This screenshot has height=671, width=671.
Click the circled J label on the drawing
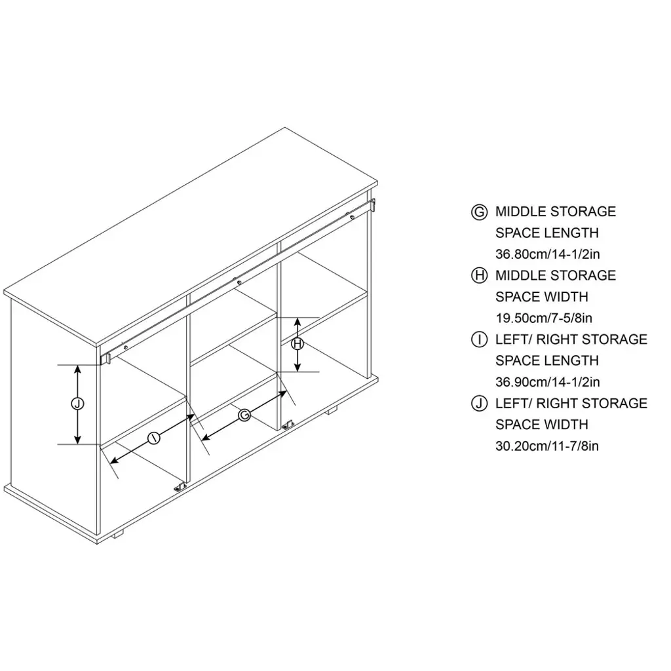[x=77, y=404]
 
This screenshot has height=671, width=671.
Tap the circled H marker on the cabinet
[x=298, y=343]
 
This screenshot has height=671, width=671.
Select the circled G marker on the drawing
[x=244, y=415]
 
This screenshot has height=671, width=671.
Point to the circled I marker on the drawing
[x=153, y=438]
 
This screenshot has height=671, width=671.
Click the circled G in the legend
[x=479, y=212]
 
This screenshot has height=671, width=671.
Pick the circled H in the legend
[x=479, y=276]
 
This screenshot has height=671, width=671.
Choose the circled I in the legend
[x=479, y=340]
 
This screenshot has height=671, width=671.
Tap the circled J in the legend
[x=479, y=404]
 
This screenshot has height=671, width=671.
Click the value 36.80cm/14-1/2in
[x=547, y=254]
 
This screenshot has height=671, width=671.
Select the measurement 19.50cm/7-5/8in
[x=544, y=318]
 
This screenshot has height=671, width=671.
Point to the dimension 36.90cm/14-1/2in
[x=547, y=382]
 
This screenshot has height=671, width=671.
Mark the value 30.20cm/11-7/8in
[x=547, y=446]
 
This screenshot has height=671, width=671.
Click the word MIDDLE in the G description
[x=520, y=212]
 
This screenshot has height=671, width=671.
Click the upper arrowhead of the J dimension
[x=77, y=370]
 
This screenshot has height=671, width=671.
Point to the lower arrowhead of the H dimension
[x=298, y=367]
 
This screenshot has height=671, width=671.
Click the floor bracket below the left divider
[x=180, y=487]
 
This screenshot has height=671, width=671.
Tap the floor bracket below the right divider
[x=288, y=425]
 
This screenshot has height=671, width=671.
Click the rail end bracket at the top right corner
[x=372, y=204]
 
